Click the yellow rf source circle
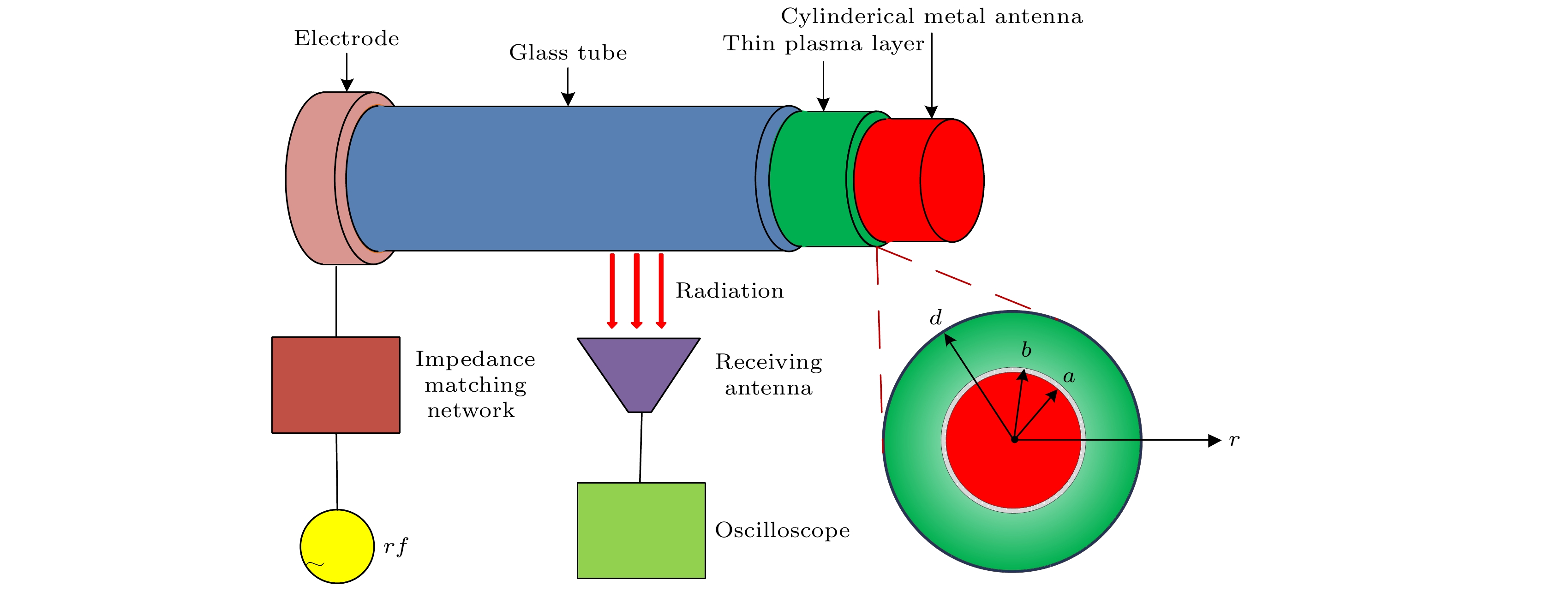337,546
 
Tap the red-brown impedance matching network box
335,385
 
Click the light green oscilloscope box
641,530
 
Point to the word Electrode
347,38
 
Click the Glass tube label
568,53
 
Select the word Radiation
730,291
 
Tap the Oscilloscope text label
782,530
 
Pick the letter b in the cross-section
1026,350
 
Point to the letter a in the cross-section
1069,377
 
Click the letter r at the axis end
1233,440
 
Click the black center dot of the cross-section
1014,440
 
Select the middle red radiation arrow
636,291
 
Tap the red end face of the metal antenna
952,180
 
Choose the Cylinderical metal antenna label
932,17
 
